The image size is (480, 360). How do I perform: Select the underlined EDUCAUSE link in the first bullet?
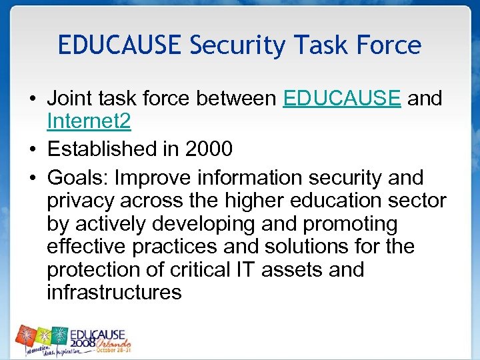(x=342, y=99)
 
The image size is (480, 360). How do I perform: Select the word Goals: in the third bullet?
(x=77, y=178)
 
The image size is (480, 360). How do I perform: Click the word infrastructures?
(x=114, y=292)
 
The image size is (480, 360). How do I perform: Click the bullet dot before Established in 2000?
(x=32, y=149)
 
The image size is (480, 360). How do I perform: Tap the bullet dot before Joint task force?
(x=32, y=99)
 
